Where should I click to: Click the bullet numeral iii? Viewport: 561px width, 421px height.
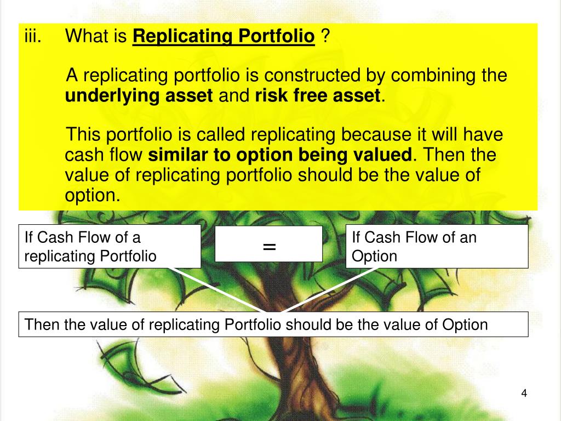click(x=33, y=37)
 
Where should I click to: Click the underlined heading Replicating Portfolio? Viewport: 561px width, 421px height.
click(x=224, y=37)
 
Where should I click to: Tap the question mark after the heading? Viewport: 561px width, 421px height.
click(x=325, y=37)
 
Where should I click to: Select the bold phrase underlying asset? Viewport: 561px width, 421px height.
click(x=139, y=96)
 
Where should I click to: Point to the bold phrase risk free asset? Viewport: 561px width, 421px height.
click(x=318, y=96)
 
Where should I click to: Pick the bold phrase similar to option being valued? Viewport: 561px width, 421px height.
click(x=280, y=155)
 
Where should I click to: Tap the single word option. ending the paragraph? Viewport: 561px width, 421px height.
click(x=92, y=196)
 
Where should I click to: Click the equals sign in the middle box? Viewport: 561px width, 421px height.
click(x=268, y=246)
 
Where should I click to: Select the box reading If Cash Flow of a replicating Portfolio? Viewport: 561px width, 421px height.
click(x=110, y=246)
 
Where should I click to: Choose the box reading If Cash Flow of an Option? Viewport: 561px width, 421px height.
click(x=437, y=246)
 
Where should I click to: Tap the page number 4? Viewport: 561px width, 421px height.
click(x=524, y=394)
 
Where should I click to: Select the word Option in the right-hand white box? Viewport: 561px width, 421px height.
click(x=374, y=256)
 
